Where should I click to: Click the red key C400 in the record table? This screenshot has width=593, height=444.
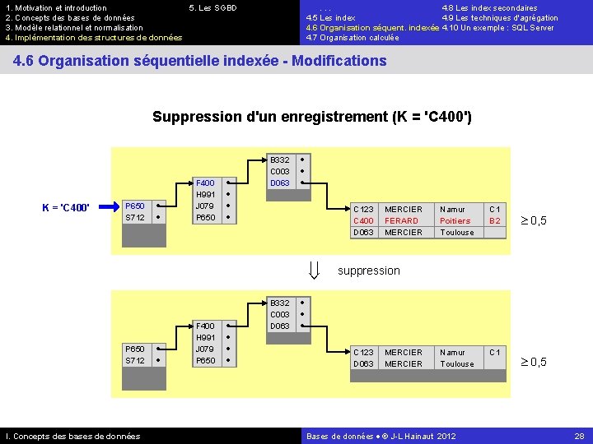(x=363, y=221)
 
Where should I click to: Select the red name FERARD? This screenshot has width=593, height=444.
(x=402, y=221)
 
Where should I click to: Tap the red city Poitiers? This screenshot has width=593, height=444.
(x=455, y=221)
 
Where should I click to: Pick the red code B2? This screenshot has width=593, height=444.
(x=495, y=221)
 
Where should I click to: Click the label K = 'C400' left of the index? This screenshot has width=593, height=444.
(x=72, y=206)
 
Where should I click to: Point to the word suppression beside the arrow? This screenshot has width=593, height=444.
(x=369, y=271)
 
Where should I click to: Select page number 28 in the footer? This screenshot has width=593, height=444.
(x=580, y=436)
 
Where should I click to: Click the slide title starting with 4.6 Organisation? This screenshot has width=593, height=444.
(x=200, y=61)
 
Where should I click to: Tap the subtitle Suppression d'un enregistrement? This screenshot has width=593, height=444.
(x=312, y=117)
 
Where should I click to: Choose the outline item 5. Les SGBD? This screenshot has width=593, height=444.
(x=212, y=8)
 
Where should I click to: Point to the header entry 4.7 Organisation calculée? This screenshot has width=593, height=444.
(x=353, y=38)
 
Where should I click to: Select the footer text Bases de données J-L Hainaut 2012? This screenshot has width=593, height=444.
(x=381, y=436)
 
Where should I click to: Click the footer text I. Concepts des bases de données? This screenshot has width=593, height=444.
(x=73, y=436)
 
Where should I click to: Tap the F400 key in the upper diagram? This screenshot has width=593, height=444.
(x=205, y=183)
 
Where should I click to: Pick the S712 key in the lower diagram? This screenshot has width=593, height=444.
(x=134, y=361)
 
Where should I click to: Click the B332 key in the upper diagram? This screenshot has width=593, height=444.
(x=280, y=160)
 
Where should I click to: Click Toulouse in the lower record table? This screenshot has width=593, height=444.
(x=457, y=363)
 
